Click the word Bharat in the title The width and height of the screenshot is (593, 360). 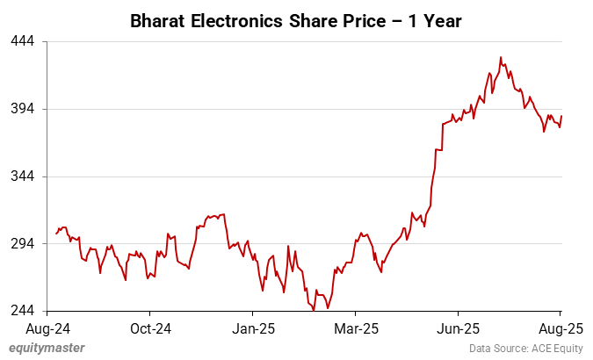coord(156,18)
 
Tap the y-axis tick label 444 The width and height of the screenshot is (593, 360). coord(23,41)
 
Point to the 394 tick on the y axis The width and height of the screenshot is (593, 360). coord(23,109)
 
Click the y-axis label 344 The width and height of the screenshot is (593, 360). coord(23,176)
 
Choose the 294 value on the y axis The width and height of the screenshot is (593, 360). coord(23,244)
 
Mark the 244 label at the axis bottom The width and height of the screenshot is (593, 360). coord(23,311)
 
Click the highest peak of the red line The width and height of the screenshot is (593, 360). coord(501,58)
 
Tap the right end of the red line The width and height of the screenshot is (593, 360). coord(561,117)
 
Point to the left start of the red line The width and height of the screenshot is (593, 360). coord(56,234)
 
